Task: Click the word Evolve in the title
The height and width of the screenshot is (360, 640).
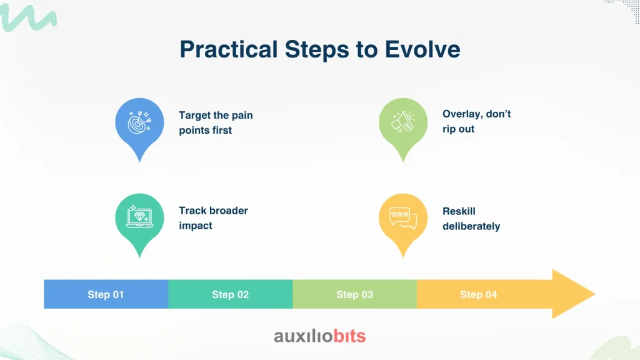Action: (x=422, y=49)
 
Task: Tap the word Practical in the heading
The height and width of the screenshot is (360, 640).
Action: (x=229, y=49)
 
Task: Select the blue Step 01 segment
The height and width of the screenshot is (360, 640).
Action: (x=106, y=294)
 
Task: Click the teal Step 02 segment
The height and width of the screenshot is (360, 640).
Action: (x=230, y=294)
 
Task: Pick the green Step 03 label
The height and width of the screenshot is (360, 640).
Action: (x=354, y=295)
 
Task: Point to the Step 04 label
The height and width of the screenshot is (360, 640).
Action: (x=478, y=295)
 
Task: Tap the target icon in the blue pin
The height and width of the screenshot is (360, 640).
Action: (x=139, y=122)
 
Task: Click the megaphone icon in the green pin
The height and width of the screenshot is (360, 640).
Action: (x=403, y=122)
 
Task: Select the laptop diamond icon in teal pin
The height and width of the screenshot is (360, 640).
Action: (x=139, y=217)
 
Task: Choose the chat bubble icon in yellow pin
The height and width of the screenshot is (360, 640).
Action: (x=403, y=218)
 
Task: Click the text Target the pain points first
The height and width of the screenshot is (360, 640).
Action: (x=216, y=122)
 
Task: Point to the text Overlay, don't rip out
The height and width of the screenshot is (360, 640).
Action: (x=477, y=121)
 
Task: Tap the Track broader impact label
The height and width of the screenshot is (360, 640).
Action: (x=214, y=218)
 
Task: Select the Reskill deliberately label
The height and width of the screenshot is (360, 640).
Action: (x=471, y=218)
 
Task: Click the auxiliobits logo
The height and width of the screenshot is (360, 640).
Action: (x=320, y=336)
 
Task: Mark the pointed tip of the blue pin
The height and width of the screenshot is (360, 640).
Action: (x=139, y=162)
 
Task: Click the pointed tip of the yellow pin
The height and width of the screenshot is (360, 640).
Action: (x=403, y=257)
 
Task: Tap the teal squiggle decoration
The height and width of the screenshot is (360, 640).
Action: (x=27, y=17)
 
